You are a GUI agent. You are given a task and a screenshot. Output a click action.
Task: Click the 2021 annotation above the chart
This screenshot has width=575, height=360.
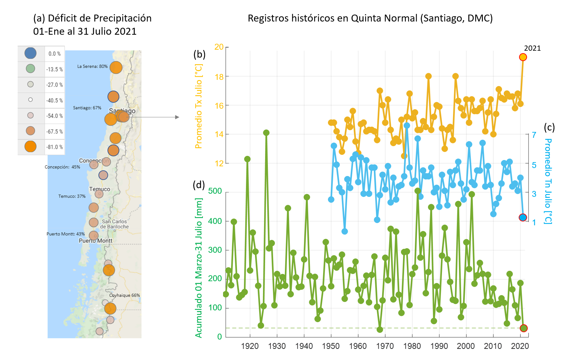pyautogui.click(x=532, y=48)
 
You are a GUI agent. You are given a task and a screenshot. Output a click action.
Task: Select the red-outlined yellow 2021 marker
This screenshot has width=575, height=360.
pyautogui.click(x=523, y=57)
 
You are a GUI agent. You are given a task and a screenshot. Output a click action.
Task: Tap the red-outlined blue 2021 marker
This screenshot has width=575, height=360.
pyautogui.click(x=523, y=217)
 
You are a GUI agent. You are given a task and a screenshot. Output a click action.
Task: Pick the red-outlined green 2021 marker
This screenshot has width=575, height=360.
pyautogui.click(x=524, y=328)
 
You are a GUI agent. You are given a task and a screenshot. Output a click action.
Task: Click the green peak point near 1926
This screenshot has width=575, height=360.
pyautogui.click(x=266, y=133)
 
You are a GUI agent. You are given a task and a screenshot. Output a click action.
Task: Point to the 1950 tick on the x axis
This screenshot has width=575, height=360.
pyautogui.click(x=331, y=346)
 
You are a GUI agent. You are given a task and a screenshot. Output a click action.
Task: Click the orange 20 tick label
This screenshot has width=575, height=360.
pyautogui.click(x=219, y=47)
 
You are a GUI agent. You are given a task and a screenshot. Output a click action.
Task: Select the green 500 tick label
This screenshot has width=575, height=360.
pyautogui.click(x=215, y=191)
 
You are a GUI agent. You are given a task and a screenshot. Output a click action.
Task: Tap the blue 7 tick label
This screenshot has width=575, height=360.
pyautogui.click(x=534, y=135)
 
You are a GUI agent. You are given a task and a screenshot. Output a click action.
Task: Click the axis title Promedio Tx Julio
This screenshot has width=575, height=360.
pyautogui.click(x=198, y=106)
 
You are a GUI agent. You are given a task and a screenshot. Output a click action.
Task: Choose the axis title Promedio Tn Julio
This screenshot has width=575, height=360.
pyautogui.click(x=548, y=181)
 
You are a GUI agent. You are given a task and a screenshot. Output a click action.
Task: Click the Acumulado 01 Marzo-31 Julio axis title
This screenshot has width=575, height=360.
pyautogui.click(x=198, y=268)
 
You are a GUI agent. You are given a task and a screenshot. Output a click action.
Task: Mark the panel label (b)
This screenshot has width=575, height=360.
pyautogui.click(x=199, y=54)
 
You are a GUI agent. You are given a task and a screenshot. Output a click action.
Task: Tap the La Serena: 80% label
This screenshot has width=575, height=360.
pyautogui.click(x=92, y=66)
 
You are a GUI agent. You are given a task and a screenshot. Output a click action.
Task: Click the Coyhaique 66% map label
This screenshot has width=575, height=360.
pyautogui.click(x=124, y=295)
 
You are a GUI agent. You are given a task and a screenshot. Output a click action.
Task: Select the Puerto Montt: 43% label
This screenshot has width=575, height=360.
pyautogui.click(x=66, y=234)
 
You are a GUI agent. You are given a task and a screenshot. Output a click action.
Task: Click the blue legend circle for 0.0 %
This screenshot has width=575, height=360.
pyautogui.click(x=31, y=53)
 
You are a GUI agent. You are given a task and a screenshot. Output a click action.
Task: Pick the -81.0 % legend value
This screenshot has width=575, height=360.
pyautogui.click(x=55, y=147)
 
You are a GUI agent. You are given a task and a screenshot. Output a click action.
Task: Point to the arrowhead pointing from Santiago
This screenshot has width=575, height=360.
pyautogui.click(x=177, y=117)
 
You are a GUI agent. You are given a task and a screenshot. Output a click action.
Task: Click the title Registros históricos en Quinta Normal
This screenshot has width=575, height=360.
pyautogui.click(x=370, y=18)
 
